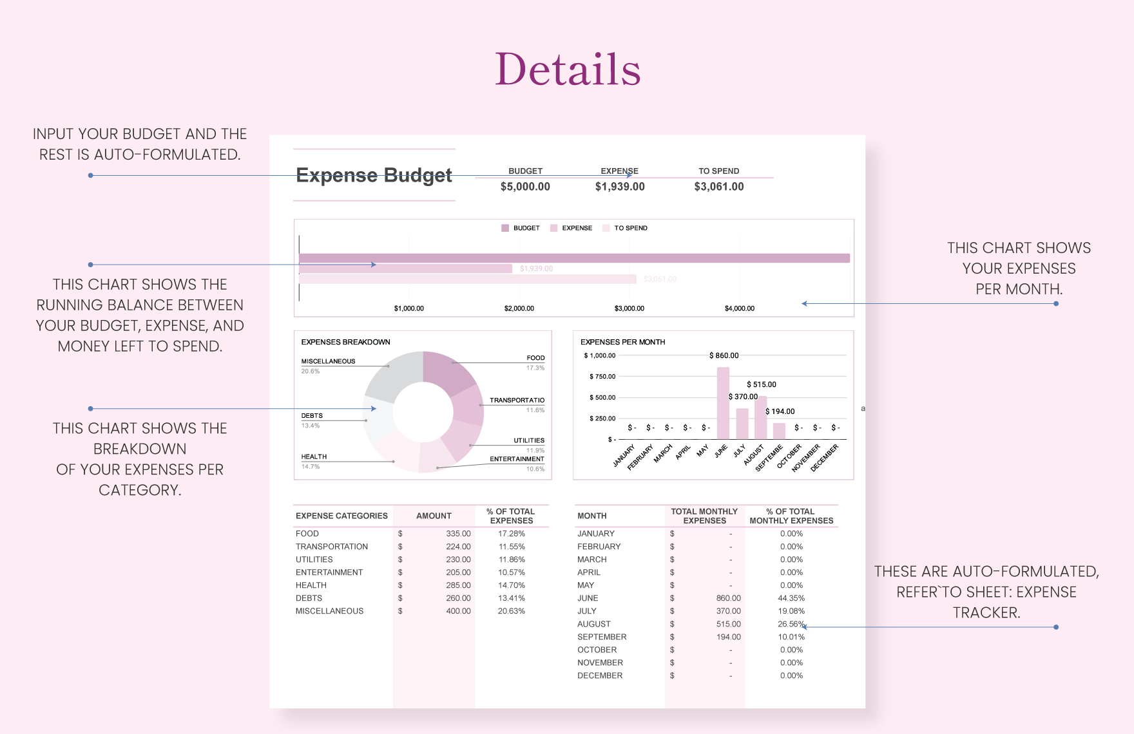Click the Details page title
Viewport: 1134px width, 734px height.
[x=568, y=69]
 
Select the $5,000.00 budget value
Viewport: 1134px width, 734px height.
[x=525, y=187]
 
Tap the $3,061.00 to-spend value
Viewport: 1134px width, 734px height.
[x=718, y=187]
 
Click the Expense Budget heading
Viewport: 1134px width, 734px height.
[x=374, y=175]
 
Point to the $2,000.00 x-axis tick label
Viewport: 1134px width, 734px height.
[x=519, y=308]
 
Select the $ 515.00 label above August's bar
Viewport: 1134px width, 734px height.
[x=761, y=384]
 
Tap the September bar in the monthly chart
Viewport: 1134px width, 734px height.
[x=779, y=431]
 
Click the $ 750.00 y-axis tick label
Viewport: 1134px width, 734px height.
[x=602, y=377]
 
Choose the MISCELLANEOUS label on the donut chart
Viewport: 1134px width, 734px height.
[x=328, y=361]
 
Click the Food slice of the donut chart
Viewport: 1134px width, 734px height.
[x=449, y=372]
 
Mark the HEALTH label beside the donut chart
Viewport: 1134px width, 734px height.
[x=314, y=456]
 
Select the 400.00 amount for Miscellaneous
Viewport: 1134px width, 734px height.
[x=458, y=611]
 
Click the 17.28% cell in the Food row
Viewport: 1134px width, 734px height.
[x=511, y=534]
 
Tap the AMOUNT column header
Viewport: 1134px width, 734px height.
[x=434, y=516]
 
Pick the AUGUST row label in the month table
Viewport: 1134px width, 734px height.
[x=593, y=624]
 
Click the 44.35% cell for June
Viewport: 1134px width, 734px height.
[x=791, y=598]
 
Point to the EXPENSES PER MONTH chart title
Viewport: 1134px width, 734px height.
[x=622, y=342]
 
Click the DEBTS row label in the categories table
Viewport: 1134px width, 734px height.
[x=309, y=598]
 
